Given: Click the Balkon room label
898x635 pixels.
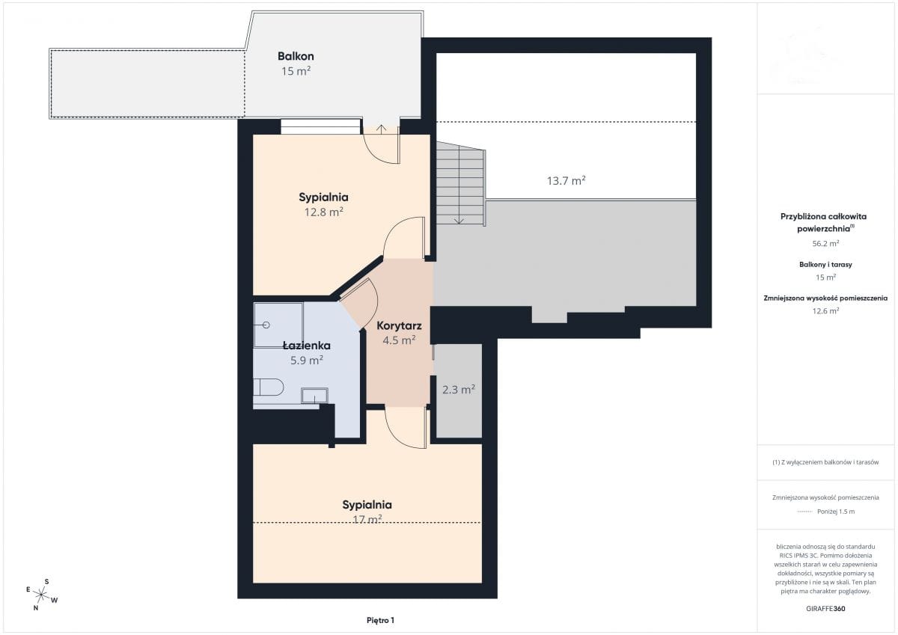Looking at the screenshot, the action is (296, 56).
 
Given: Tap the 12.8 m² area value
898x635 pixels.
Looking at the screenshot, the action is (323, 212).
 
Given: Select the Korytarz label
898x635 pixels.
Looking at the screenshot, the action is (399, 325).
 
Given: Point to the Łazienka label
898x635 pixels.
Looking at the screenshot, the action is (307, 346).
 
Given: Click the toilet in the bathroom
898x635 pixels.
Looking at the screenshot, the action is (269, 387).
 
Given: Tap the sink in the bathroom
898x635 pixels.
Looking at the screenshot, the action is (315, 396).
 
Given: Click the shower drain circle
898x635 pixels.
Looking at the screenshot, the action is (266, 325).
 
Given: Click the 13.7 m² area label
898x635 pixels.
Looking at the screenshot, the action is (566, 181).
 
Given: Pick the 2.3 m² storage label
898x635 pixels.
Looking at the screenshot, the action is (459, 390).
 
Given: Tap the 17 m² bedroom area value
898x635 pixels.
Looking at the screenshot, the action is (367, 519).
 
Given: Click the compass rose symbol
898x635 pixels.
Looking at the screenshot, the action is (41, 595).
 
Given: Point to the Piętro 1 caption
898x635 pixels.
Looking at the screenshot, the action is (380, 620).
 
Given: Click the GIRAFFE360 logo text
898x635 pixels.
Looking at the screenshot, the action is (825, 609).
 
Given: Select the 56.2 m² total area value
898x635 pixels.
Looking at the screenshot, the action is (825, 243).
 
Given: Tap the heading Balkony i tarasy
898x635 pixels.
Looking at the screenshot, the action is (825, 265).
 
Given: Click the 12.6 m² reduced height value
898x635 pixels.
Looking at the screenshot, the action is (825, 310).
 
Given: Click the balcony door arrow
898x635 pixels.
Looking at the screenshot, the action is (381, 129).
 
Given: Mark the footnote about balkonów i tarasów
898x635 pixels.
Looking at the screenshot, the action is (825, 462).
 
